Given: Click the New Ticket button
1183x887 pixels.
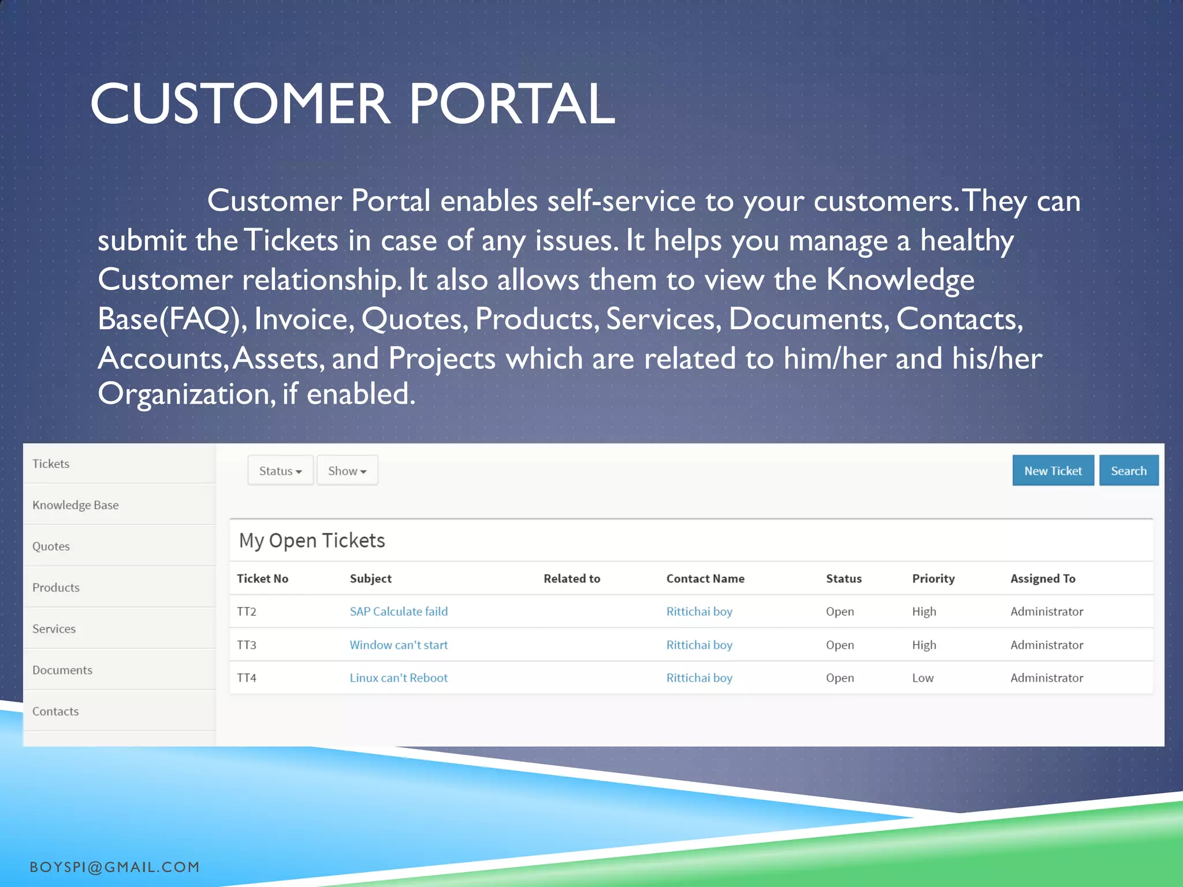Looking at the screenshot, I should tap(1052, 471).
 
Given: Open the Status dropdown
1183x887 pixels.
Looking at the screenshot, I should tap(280, 471).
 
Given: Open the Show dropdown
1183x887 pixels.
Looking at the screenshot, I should tap(347, 471).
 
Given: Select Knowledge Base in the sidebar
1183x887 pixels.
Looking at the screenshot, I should tap(76, 505).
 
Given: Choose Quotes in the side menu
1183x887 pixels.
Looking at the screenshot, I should tap(51, 546).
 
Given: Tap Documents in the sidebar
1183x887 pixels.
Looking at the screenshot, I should tap(62, 670).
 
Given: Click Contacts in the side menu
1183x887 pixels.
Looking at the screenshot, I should tap(55, 711).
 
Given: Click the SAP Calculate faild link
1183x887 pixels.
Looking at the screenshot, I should tap(399, 612).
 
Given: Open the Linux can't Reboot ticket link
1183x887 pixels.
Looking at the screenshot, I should tap(399, 678).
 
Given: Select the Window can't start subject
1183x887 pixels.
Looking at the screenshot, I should tap(399, 645).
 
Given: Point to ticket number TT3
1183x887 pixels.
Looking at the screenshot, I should tap(247, 645).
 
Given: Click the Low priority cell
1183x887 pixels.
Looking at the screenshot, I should tap(922, 678).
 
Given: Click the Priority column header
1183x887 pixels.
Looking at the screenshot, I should tap(933, 579).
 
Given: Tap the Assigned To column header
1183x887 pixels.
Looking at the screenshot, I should tap(1043, 579).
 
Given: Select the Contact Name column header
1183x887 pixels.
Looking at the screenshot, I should tap(705, 579).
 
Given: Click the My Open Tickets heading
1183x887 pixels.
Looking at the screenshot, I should tap(312, 541).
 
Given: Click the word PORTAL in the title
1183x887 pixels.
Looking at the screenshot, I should tap(512, 104).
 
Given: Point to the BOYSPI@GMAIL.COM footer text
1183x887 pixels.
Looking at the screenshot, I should tap(114, 867).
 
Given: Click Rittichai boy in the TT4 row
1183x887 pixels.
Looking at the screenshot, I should tap(699, 678).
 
